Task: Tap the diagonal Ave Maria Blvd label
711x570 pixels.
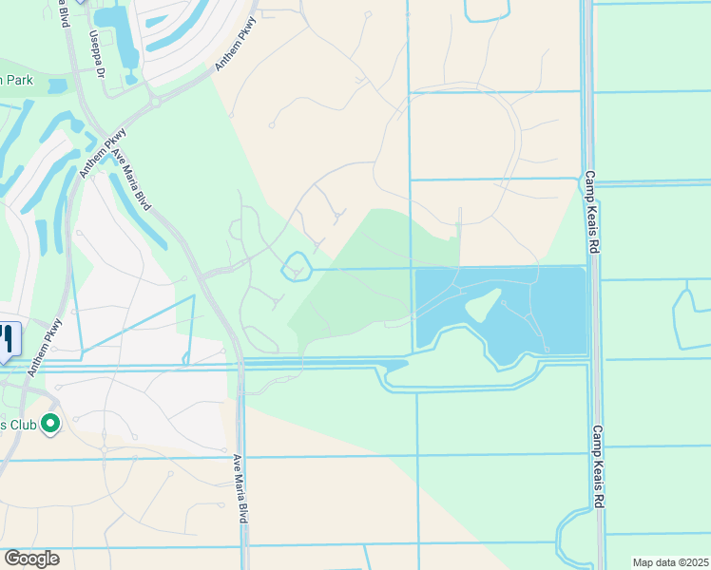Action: point(131,176)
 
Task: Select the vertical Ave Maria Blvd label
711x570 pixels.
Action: point(241,486)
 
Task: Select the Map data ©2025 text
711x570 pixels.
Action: point(670,562)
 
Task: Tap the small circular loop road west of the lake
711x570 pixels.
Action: point(298,266)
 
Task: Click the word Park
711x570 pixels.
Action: point(17,81)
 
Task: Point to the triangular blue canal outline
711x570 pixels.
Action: point(143,332)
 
